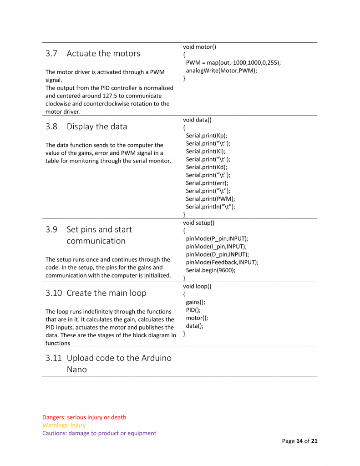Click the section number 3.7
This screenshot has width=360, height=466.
click(51, 54)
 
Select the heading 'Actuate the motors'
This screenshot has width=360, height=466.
click(103, 54)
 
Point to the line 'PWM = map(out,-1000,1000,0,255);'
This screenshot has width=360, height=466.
click(233, 62)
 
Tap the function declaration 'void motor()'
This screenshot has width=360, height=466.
click(199, 47)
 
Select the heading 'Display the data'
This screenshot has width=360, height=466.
click(97, 127)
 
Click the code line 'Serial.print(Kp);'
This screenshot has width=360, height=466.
click(206, 136)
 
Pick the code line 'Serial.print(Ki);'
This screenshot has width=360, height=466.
click(206, 152)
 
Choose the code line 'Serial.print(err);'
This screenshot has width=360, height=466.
click(207, 183)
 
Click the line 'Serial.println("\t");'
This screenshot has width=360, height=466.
click(210, 207)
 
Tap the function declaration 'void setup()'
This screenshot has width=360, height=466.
click(198, 223)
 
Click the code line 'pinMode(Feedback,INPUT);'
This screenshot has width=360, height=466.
click(222, 262)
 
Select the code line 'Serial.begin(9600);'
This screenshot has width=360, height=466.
click(211, 270)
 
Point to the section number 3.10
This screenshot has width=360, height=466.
click(53, 293)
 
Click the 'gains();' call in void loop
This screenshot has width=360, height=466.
click(195, 302)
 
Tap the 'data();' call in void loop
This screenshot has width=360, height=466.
click(194, 326)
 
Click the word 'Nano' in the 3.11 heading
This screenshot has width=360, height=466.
click(76, 370)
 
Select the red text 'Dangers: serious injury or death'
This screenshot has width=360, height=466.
click(84, 417)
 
